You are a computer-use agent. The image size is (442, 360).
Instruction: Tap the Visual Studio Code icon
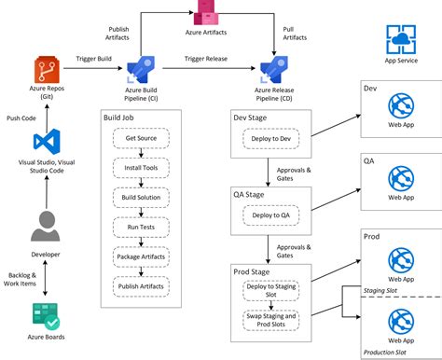(48, 143)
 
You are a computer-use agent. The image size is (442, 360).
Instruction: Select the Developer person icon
(48, 228)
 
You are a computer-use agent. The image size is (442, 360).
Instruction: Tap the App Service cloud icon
(400, 40)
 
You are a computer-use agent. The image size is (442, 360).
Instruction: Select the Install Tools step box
(140, 168)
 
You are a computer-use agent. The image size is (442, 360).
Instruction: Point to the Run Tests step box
(140, 227)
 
